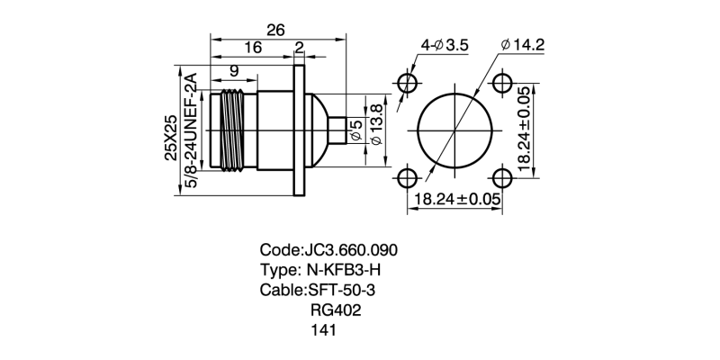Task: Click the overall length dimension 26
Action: point(275,30)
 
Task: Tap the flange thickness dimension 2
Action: point(298,49)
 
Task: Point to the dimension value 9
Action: point(233,70)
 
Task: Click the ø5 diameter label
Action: point(355,130)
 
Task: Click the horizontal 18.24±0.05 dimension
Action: point(456,199)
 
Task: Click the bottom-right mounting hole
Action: point(499,175)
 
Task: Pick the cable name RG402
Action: point(336,310)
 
